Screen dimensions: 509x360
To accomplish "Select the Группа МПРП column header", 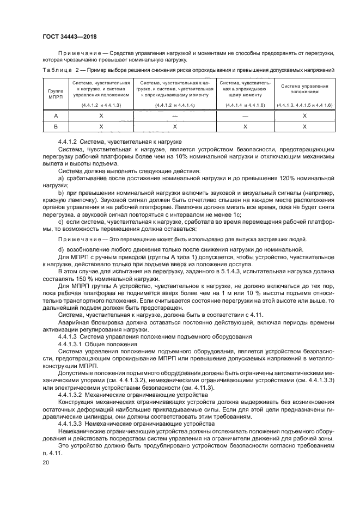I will (x=55, y=93).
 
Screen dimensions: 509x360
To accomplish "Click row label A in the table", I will (x=55, y=116).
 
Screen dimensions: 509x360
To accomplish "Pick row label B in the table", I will (x=55, y=126).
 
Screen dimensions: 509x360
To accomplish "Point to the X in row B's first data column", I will (x=101, y=126).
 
